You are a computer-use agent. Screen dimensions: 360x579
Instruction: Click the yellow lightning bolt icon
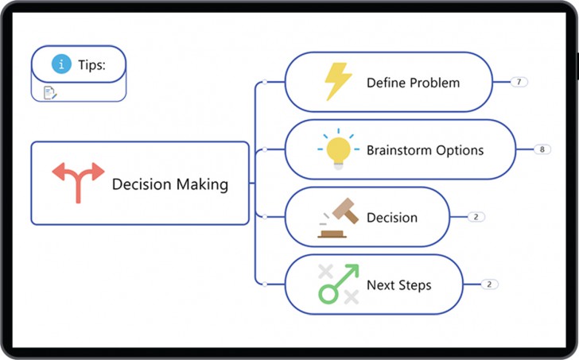pyautogui.click(x=338, y=82)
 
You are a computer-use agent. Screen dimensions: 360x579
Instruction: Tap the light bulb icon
pyautogui.click(x=338, y=149)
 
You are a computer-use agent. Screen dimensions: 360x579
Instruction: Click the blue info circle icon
pyautogui.click(x=61, y=64)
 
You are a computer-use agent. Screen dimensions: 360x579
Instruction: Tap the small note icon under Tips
pyautogui.click(x=50, y=92)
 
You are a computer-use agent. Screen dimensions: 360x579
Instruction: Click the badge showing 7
pyautogui.click(x=519, y=82)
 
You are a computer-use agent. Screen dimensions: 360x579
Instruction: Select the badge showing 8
pyautogui.click(x=542, y=149)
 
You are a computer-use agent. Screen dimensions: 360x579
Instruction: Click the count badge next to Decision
pyautogui.click(x=476, y=217)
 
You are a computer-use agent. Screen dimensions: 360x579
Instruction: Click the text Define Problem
pyautogui.click(x=413, y=83)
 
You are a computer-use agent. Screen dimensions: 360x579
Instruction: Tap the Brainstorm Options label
pyautogui.click(x=425, y=149)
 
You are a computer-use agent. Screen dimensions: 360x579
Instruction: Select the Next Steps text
pyautogui.click(x=398, y=285)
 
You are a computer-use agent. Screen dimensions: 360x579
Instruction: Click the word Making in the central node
pyautogui.click(x=200, y=184)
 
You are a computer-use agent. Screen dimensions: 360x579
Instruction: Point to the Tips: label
pyautogui.click(x=91, y=64)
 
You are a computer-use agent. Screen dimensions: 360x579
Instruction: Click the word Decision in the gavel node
pyautogui.click(x=392, y=217)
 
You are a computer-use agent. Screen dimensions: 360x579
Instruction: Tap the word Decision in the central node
pyautogui.click(x=140, y=184)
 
